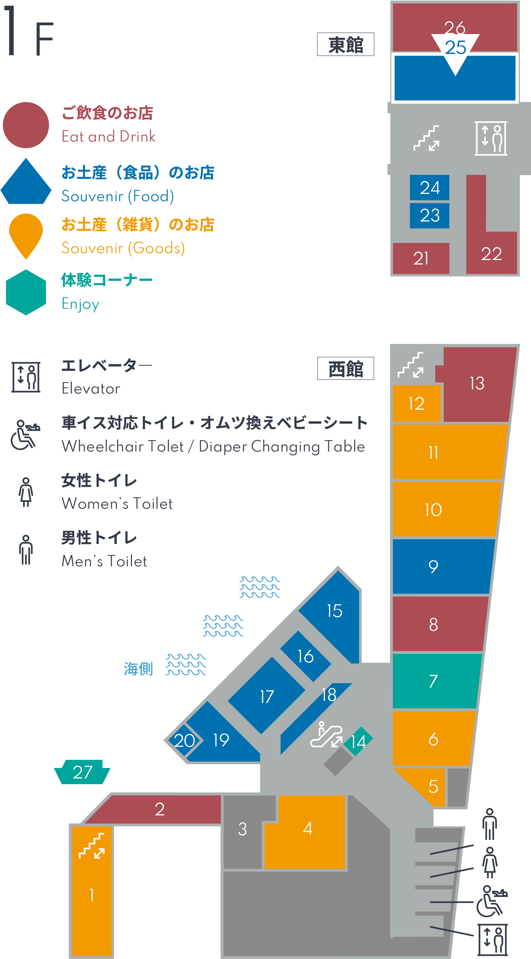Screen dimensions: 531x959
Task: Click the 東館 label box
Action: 345,44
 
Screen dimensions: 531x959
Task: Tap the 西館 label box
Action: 345,368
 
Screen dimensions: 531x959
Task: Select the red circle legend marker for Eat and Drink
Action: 26,125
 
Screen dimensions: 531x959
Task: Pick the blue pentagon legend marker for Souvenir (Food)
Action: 26,181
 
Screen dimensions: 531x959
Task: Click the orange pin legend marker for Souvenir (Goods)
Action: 26,236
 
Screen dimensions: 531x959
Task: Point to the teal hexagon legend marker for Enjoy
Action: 26,292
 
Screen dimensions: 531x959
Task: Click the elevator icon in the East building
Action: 491,138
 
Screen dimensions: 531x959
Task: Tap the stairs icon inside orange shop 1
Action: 92,846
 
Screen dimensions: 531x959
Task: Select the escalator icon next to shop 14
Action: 326,735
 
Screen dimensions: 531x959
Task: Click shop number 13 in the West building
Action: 477,384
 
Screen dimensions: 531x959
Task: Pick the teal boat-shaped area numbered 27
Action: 82,772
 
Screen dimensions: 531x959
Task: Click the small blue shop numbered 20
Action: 184,741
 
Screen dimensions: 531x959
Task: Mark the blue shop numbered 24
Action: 430,187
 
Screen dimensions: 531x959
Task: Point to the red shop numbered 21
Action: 421,258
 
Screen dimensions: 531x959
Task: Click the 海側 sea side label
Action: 138,669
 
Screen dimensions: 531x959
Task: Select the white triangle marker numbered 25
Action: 455,51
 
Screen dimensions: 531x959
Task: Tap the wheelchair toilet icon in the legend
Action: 25,435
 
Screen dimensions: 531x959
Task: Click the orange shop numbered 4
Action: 308,832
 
